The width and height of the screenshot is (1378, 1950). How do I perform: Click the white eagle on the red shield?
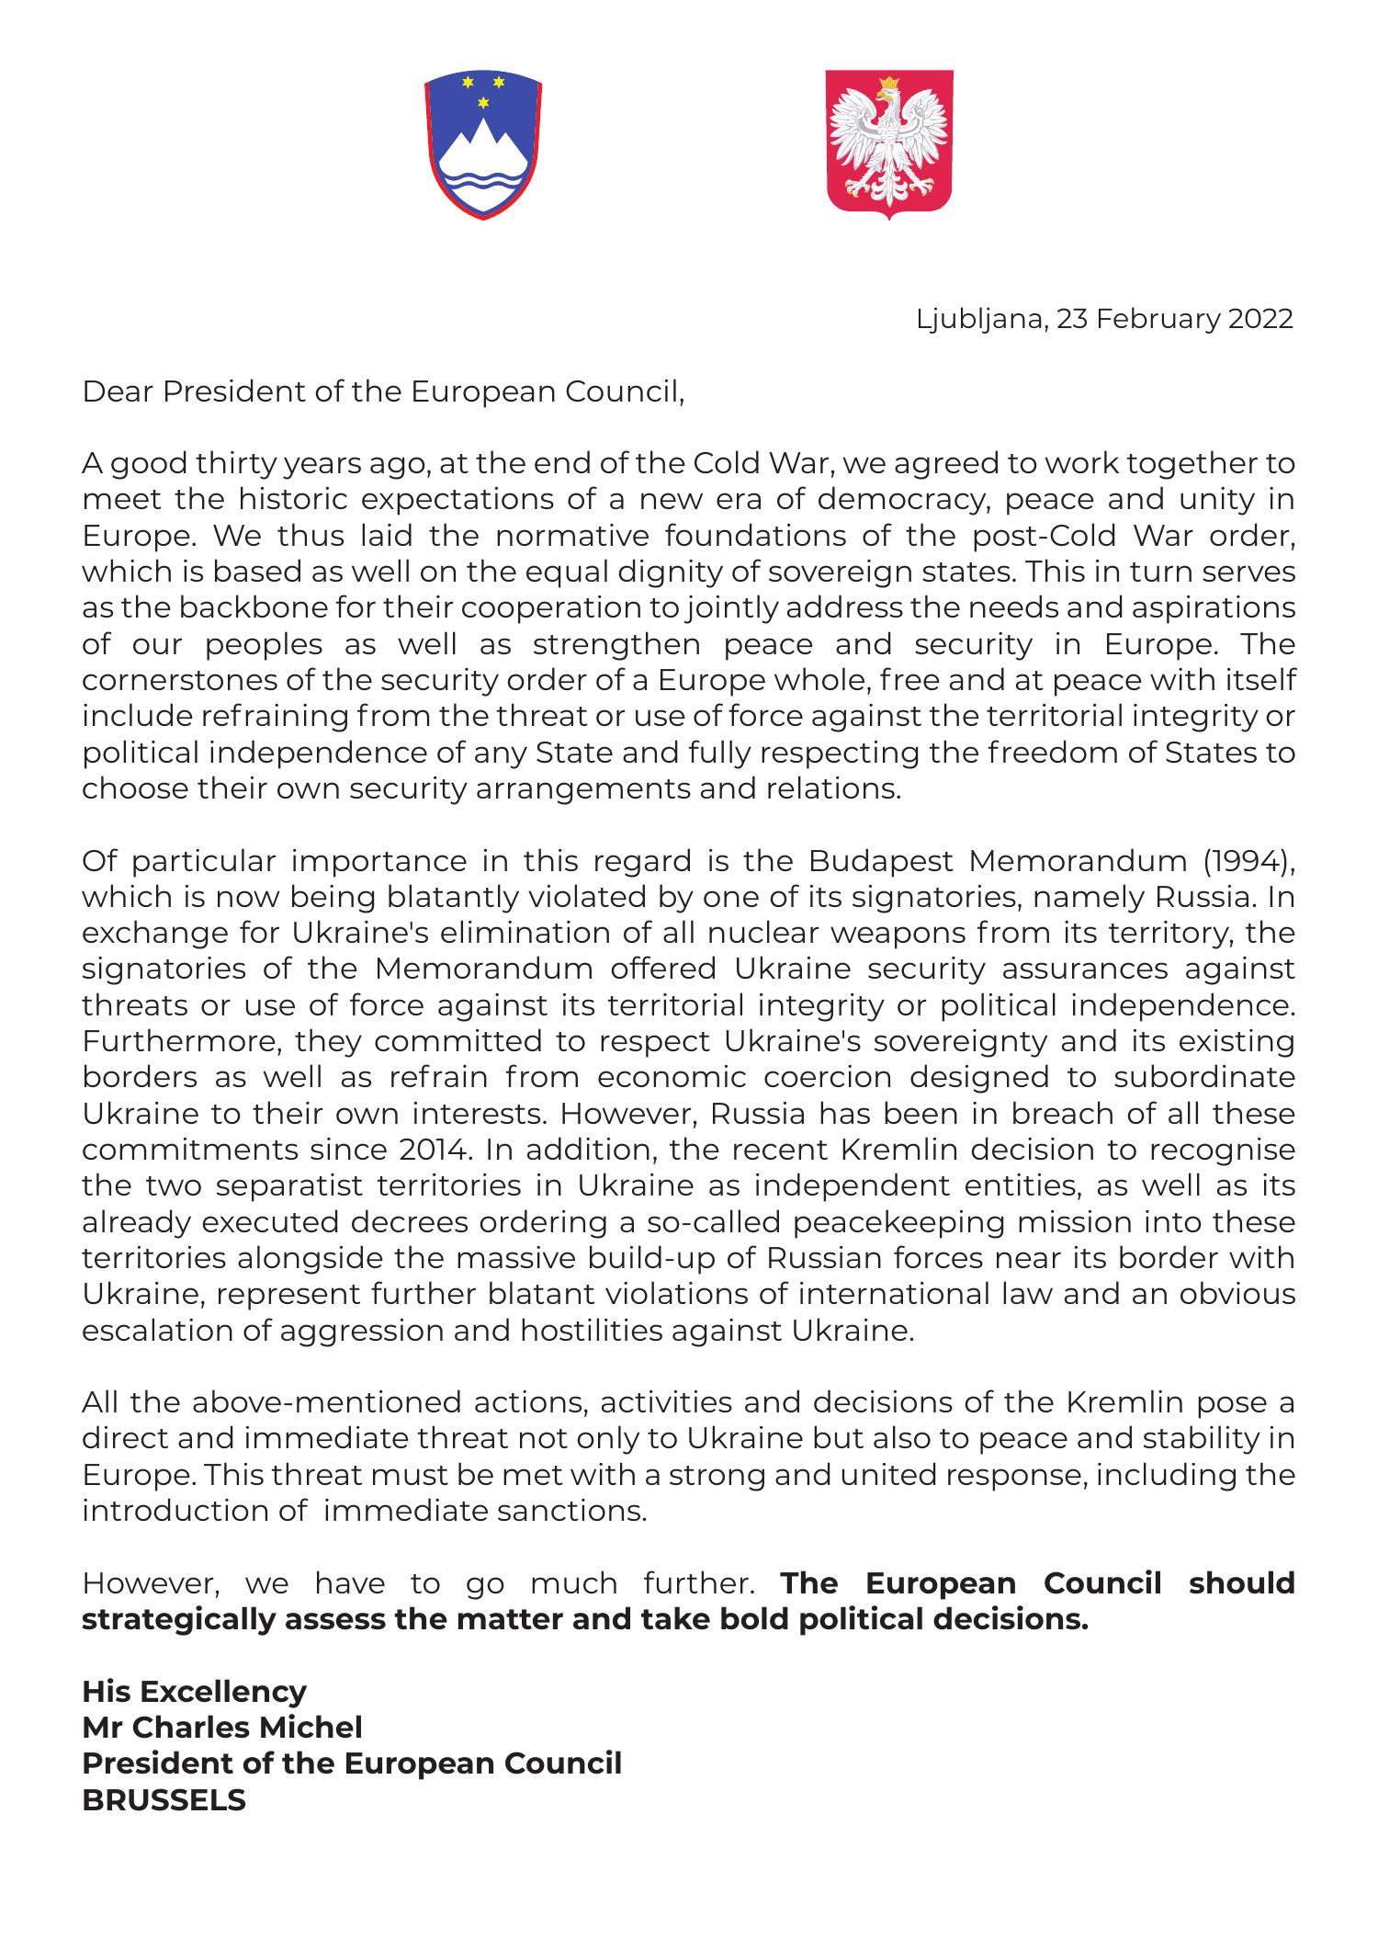(887, 142)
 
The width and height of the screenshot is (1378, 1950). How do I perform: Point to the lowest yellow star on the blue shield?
(480, 102)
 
